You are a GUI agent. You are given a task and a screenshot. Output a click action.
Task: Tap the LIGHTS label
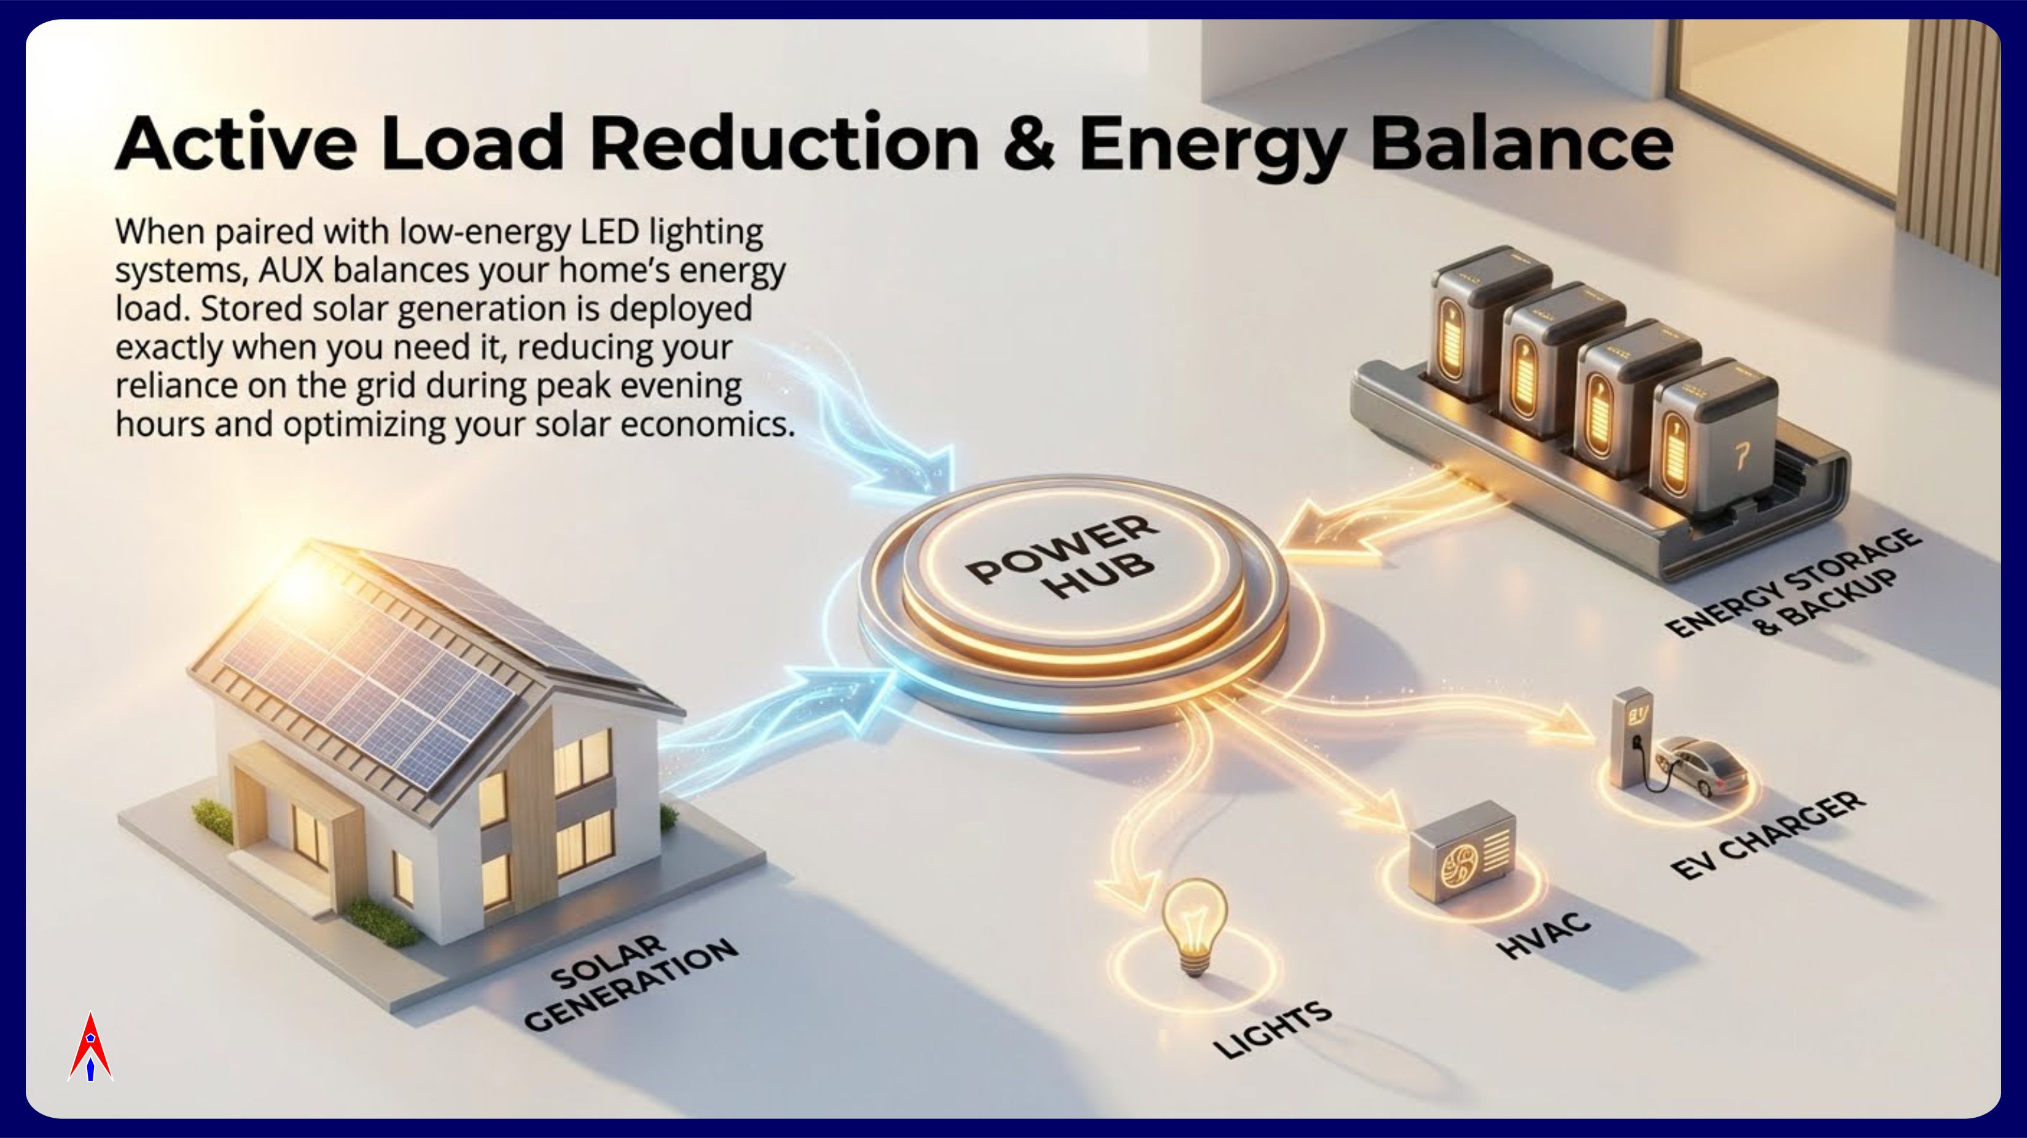pyautogui.click(x=1272, y=1030)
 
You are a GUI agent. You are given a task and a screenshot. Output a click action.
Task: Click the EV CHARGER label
pyautogui.click(x=1767, y=835)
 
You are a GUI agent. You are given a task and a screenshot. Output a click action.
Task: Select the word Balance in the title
pyautogui.click(x=1522, y=143)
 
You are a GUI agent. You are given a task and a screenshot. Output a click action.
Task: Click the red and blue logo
pyautogui.click(x=90, y=1048)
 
